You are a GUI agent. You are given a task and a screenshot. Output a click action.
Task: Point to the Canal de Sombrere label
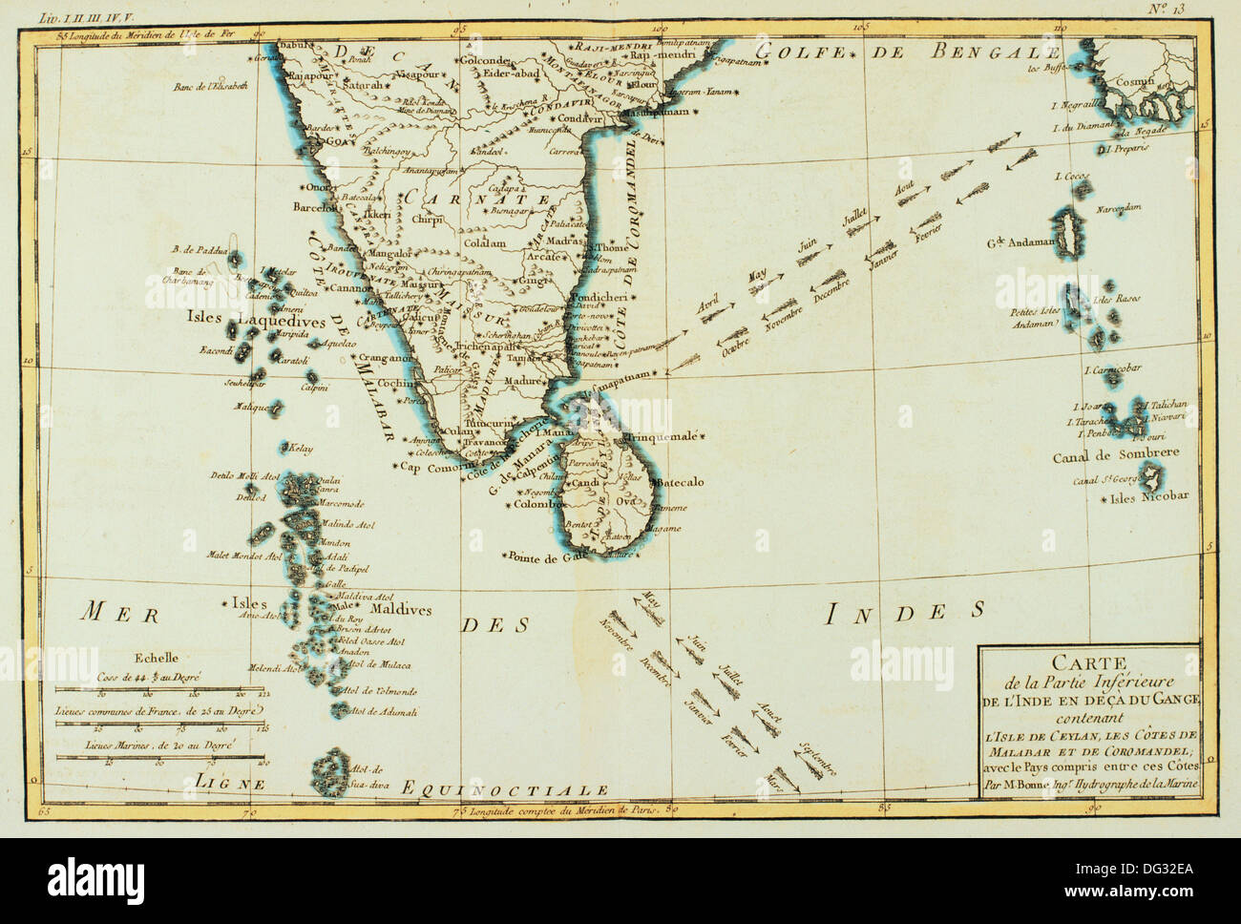(x=1117, y=455)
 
